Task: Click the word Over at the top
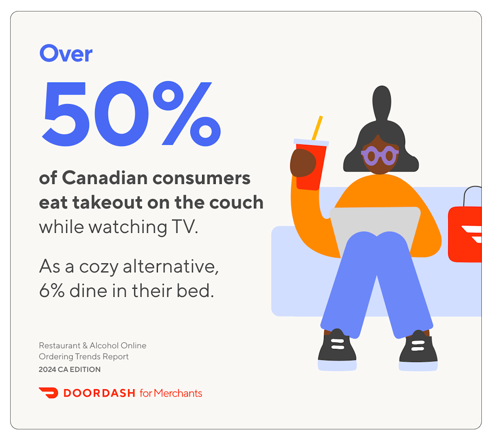66,54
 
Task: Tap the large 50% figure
131,114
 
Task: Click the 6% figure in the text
52,291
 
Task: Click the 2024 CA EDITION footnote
70,369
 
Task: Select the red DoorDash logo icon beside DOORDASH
48,393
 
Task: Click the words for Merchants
171,393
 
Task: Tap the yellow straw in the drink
317,128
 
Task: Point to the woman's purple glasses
380,156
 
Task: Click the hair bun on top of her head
382,103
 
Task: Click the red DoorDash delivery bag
466,234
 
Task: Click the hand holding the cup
303,163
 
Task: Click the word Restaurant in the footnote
59,346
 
